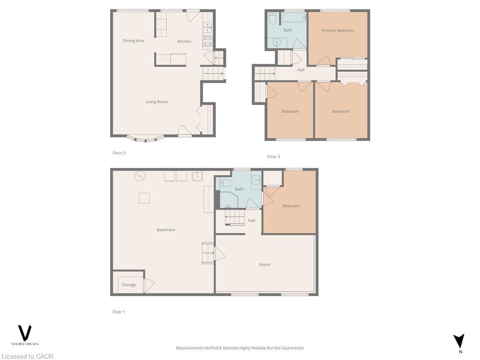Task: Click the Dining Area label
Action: (134, 41)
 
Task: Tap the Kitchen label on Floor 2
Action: (184, 41)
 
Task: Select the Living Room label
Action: (157, 102)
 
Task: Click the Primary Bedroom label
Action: (337, 30)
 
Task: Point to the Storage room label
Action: (129, 285)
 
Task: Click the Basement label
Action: (166, 230)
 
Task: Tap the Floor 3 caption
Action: (273, 157)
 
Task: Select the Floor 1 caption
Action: (119, 312)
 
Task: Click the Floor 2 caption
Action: (119, 153)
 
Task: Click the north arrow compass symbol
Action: (459, 341)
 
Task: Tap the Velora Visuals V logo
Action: (24, 333)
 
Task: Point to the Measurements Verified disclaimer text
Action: (240, 348)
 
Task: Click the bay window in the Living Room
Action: (145, 139)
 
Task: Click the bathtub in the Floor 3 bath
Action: (293, 18)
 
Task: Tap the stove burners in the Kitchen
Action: (207, 41)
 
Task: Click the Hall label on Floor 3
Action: (301, 70)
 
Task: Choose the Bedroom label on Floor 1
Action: (291, 206)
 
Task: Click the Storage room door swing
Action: (149, 285)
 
